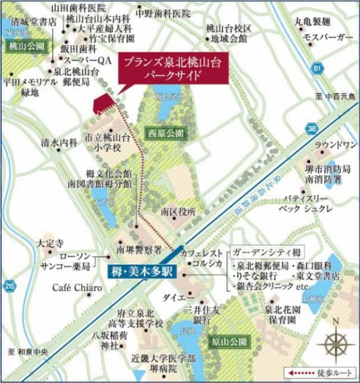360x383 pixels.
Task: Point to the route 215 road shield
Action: [8, 286]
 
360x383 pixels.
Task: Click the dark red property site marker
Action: [103, 102]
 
